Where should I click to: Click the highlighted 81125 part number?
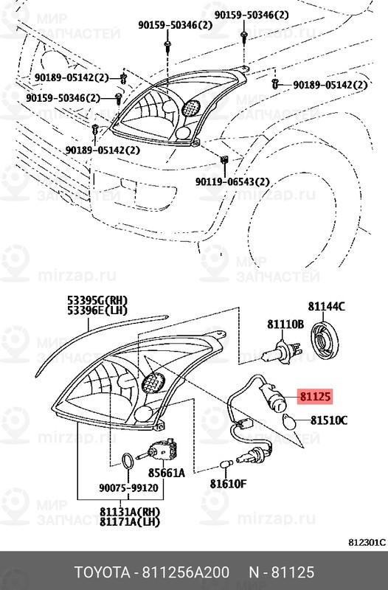316,398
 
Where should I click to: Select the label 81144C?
327,305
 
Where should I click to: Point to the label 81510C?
328,421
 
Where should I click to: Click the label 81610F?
228,484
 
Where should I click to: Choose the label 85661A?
167,473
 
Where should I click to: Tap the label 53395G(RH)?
97,300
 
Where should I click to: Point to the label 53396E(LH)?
97,311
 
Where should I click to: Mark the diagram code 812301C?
367,544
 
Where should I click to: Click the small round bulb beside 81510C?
290,423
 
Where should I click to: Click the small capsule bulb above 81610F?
226,464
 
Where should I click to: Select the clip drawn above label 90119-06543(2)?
223,159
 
